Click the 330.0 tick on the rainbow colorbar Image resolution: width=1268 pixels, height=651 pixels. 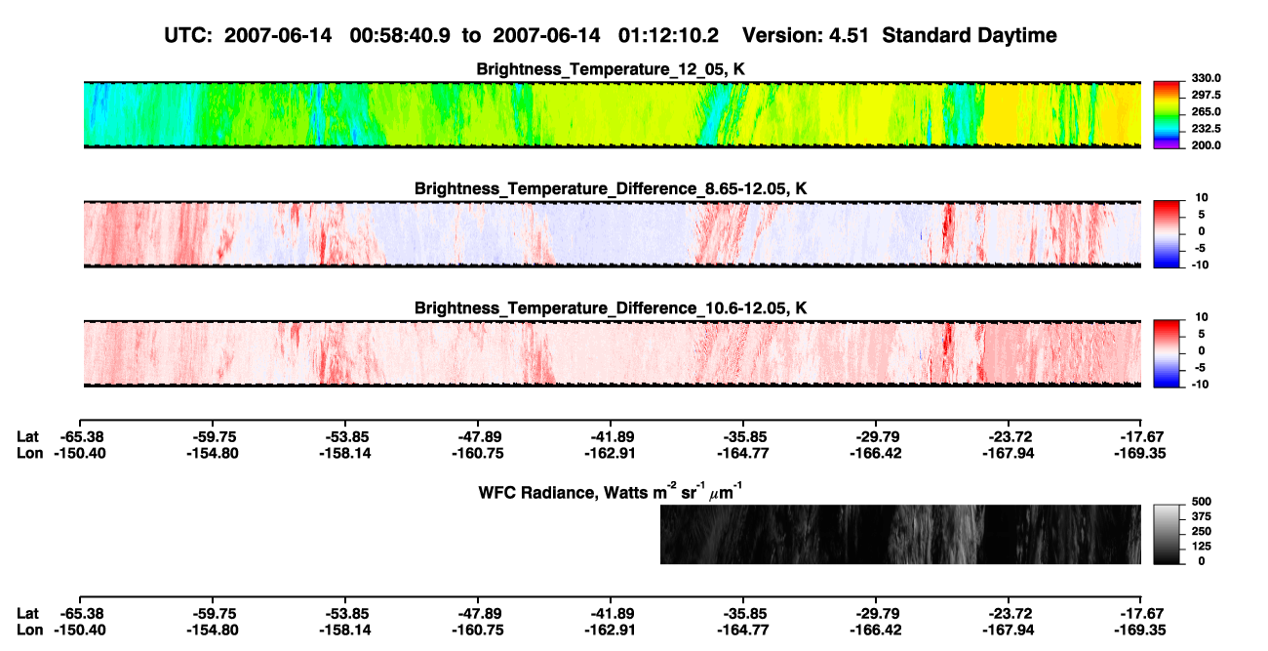(1206, 78)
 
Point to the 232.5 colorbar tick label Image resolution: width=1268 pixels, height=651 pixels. (1206, 129)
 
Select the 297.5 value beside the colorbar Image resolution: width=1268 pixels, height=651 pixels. (1206, 95)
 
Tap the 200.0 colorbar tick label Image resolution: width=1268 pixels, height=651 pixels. (1206, 145)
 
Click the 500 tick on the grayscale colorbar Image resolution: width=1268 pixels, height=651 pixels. (1202, 502)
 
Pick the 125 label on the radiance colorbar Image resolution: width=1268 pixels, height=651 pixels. (1202, 547)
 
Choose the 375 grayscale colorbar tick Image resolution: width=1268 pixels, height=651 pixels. (1202, 516)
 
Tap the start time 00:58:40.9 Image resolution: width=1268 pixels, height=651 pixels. (400, 36)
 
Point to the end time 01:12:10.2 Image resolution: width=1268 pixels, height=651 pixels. (668, 36)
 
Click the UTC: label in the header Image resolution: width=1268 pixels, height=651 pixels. (188, 36)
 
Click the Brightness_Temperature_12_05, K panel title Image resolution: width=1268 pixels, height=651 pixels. (611, 69)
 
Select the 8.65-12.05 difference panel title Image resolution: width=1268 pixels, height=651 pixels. (611, 188)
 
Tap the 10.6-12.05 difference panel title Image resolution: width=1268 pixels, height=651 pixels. (611, 308)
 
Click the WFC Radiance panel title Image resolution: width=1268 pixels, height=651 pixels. (611, 491)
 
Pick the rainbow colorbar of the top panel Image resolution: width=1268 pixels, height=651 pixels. (1167, 115)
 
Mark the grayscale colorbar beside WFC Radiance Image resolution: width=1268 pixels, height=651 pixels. (1167, 534)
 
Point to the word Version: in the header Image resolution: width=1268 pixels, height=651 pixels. (776, 36)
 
